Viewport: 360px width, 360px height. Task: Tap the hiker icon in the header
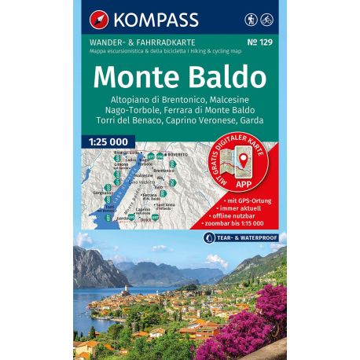tap(250, 16)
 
